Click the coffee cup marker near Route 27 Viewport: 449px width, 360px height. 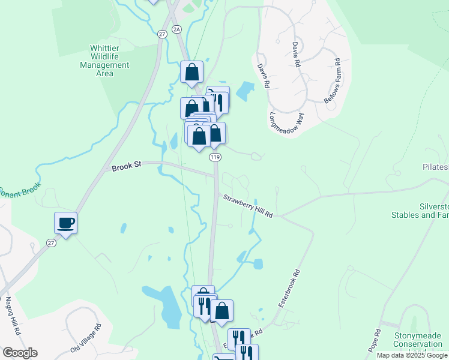click(x=65, y=223)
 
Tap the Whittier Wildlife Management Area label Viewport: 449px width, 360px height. click(x=104, y=61)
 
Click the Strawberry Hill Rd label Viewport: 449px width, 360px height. click(x=248, y=206)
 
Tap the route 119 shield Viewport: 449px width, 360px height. click(x=215, y=157)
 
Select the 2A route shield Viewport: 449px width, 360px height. click(x=176, y=29)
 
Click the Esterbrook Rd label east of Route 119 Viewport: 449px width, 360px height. click(x=289, y=289)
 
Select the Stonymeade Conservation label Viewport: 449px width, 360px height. click(x=418, y=340)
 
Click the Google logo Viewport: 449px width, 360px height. click(x=20, y=353)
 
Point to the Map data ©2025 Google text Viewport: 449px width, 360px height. click(x=412, y=355)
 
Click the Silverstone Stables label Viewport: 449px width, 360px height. click(x=420, y=209)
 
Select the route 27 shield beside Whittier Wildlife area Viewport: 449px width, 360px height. click(x=162, y=35)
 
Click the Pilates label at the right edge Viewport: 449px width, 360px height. click(x=435, y=167)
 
